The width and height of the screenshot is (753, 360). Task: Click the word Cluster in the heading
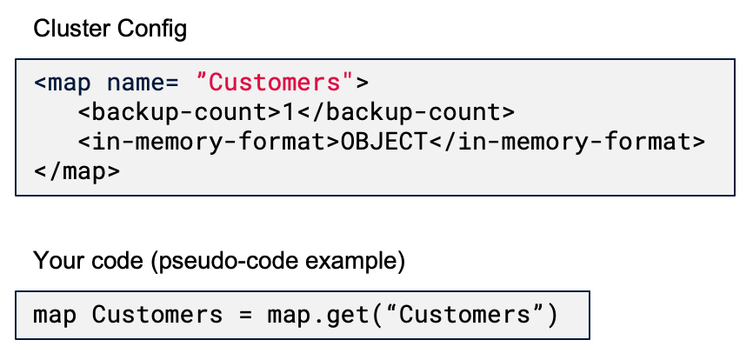(x=63, y=29)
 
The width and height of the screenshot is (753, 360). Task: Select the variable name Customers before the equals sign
(x=157, y=314)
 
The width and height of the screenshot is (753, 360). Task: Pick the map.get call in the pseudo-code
(x=326, y=314)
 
